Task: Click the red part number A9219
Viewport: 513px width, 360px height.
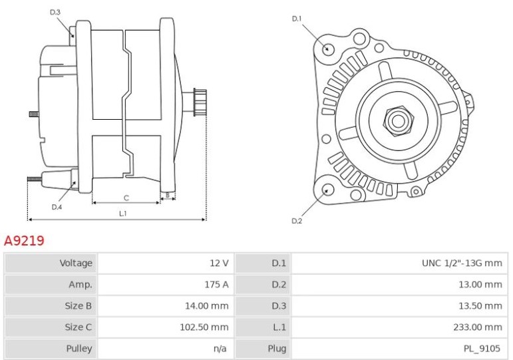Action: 24,241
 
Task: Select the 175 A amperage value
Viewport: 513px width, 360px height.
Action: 216,284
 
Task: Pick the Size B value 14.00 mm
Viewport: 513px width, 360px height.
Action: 206,306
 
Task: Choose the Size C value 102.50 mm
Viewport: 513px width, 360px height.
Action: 204,327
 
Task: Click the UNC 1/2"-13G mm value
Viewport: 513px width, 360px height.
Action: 462,263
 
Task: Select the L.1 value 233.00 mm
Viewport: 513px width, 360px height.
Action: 478,327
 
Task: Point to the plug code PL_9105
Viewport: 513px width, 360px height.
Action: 482,349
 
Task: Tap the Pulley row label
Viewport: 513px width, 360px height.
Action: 79,349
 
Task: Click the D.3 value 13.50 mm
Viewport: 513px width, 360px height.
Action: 480,306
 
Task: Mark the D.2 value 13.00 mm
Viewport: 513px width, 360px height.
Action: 480,284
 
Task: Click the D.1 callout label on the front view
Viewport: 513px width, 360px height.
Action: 296,19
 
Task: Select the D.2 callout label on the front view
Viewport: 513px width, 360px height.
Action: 297,221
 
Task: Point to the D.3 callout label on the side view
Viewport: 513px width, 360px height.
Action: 55,12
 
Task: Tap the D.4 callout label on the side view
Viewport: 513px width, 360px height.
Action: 57,207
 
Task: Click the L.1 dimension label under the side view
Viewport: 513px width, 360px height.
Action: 122,214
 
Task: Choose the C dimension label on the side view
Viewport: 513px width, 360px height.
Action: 126,198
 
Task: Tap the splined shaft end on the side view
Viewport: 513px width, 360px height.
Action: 200,102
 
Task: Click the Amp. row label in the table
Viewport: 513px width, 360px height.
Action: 81,284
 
